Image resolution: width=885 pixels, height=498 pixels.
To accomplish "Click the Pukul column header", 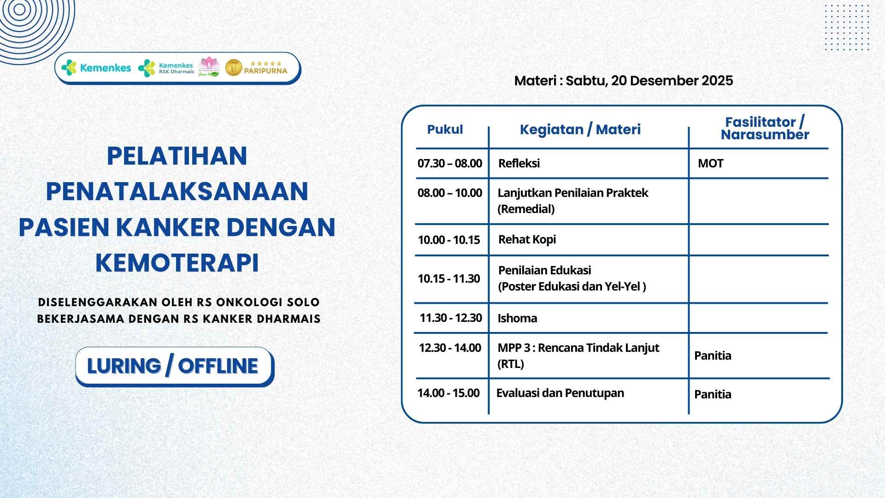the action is tap(445, 130).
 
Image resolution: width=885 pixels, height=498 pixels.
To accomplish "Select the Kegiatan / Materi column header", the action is tap(580, 130).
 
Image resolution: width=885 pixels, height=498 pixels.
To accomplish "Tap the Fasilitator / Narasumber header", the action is tap(765, 128).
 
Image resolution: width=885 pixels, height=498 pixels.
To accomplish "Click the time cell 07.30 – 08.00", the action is tap(450, 163).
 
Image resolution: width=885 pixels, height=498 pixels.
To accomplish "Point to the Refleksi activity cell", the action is tap(519, 163).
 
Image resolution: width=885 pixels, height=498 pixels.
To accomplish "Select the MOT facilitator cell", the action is tap(710, 163).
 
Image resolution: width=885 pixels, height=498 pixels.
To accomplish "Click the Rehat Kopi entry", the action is tap(527, 239).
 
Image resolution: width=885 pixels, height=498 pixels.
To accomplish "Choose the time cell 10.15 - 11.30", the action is tap(449, 279).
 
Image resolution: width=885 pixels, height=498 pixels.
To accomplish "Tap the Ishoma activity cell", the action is tap(517, 318).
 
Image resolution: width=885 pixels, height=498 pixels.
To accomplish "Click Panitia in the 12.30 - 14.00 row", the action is tap(713, 356).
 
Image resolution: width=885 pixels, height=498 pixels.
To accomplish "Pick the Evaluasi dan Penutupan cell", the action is tap(560, 393).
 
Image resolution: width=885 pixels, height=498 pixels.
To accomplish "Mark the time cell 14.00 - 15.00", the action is tap(448, 393).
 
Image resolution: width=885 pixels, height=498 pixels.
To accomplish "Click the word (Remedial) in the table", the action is tap(526, 209).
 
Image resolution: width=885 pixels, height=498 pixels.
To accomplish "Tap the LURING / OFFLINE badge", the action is tap(174, 366).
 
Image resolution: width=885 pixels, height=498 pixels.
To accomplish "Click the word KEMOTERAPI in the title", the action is tap(177, 263).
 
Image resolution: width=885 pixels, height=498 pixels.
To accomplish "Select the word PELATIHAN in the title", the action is tap(177, 156).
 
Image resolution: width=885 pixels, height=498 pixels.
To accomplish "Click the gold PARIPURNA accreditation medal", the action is tap(234, 68).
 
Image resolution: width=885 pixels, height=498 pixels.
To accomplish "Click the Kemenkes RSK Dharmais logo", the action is tap(166, 68).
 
